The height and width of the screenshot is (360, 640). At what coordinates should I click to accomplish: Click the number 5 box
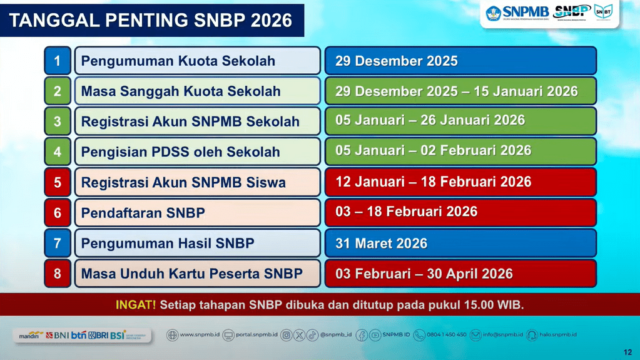coord(58,182)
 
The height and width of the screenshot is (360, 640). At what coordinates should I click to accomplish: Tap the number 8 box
coord(58,274)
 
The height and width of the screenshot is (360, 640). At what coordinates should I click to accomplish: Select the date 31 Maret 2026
coord(381,244)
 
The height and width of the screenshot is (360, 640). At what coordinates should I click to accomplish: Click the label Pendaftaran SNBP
coord(143,213)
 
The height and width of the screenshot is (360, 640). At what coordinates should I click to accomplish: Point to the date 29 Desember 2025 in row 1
coord(397,61)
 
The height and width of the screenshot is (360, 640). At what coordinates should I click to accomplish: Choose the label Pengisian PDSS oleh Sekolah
coord(181,152)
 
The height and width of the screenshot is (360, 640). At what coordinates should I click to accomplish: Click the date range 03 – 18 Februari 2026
coord(406,212)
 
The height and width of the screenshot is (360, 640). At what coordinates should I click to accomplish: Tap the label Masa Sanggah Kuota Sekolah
coord(181,91)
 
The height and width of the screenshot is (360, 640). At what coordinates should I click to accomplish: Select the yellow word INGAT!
coord(136,305)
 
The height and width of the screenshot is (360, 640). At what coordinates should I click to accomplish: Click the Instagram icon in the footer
coord(286,335)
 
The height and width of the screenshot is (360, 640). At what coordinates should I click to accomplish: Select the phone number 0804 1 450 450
coord(447,335)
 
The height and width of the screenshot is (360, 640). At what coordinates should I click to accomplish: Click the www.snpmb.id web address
coord(200,335)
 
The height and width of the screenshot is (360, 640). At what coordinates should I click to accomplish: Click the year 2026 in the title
coord(271,20)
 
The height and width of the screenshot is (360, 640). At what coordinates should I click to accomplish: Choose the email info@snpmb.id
coord(500,335)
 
